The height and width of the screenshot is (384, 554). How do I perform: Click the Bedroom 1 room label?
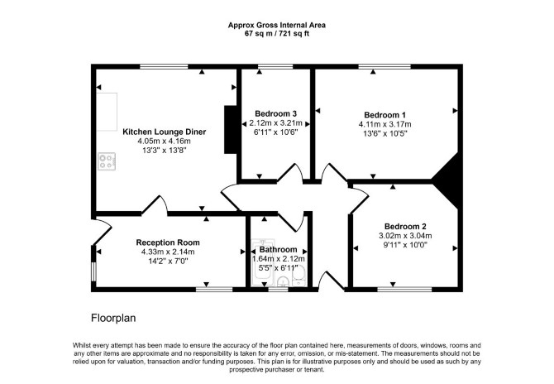click(x=384, y=115)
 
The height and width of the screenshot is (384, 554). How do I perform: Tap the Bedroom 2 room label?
click(x=405, y=226)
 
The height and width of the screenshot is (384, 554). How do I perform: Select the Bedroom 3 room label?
click(x=275, y=113)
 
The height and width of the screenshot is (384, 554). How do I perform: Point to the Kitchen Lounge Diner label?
click(x=164, y=132)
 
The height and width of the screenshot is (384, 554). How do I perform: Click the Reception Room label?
click(x=168, y=242)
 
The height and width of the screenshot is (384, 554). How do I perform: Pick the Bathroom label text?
click(x=279, y=250)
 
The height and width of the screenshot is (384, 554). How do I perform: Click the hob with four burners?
click(x=107, y=161)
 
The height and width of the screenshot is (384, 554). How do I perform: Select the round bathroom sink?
click(x=283, y=282)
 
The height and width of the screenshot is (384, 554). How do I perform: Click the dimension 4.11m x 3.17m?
click(x=384, y=124)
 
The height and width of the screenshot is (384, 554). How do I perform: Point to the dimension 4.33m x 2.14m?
click(x=168, y=252)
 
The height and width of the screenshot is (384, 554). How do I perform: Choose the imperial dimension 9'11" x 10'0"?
click(x=405, y=245)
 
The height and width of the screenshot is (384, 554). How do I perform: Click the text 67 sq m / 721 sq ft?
click(x=277, y=34)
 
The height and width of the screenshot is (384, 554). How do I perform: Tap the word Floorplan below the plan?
click(x=113, y=318)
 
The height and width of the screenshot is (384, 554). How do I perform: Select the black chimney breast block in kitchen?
click(x=231, y=129)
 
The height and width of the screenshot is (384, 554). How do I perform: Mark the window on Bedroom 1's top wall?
click(x=384, y=66)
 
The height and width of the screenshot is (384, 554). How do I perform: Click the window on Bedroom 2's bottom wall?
click(x=404, y=289)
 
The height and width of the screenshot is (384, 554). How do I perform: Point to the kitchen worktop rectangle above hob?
click(x=107, y=112)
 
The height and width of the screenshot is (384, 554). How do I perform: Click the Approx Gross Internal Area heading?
click(x=277, y=25)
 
